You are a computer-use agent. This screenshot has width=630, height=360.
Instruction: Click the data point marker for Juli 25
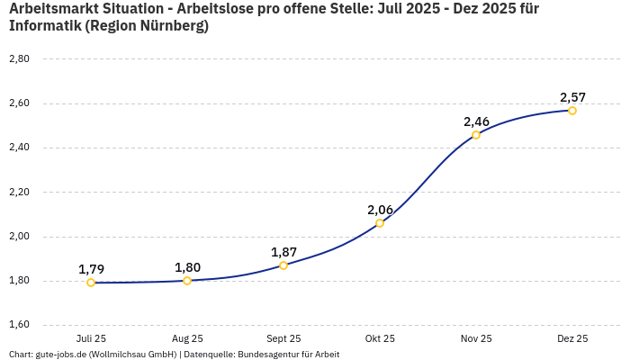click(91, 283)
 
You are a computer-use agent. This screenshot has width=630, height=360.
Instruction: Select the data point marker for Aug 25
click(187, 281)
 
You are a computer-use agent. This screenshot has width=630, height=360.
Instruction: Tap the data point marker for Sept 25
click(283, 265)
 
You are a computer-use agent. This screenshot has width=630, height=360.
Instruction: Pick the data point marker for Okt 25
click(380, 223)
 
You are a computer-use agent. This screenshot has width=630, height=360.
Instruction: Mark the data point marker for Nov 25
click(476, 135)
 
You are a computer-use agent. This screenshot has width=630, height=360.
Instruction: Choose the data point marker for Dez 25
click(572, 111)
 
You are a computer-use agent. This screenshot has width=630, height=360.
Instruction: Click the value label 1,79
click(91, 269)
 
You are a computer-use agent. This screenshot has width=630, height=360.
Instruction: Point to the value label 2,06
click(380, 210)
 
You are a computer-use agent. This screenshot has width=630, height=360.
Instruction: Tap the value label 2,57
click(572, 97)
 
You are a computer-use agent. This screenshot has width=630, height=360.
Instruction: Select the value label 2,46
click(476, 121)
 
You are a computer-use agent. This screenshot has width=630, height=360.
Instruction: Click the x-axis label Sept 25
click(283, 338)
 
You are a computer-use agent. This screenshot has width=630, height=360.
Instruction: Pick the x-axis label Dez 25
click(572, 338)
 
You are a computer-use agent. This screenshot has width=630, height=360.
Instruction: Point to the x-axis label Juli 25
click(91, 338)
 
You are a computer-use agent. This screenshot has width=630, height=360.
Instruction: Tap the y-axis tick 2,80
click(19, 58)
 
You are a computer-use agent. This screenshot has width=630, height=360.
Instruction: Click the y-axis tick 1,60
click(19, 325)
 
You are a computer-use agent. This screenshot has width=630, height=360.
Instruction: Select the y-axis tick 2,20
click(19, 192)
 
